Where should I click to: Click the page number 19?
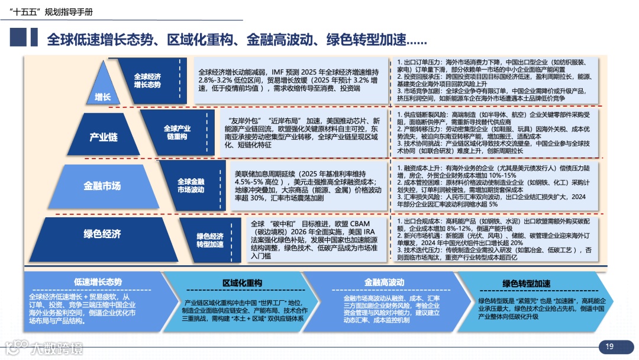point(609,346)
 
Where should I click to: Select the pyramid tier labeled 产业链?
point(103,137)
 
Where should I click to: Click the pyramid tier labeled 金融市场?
point(102,186)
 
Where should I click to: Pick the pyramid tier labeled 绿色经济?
point(102,234)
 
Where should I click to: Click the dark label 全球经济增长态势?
point(147,81)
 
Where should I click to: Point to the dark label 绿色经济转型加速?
point(210,240)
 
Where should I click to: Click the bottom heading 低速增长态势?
point(98,282)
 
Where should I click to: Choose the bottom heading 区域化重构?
point(242,283)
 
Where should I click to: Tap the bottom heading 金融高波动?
point(384,282)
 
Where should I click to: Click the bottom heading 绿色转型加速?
point(526,283)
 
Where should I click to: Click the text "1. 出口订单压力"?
point(420,62)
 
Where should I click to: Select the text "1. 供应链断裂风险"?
point(424,114)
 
